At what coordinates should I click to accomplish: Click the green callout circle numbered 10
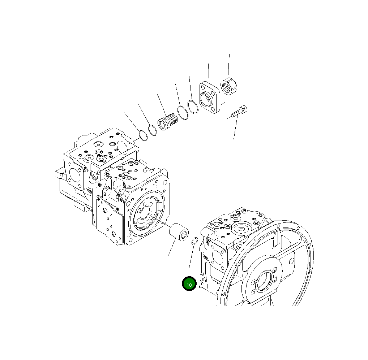(189, 284)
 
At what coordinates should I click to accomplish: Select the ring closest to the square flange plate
(193, 107)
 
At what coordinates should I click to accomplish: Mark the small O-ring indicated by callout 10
(194, 241)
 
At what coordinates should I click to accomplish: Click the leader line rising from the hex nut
(229, 65)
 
